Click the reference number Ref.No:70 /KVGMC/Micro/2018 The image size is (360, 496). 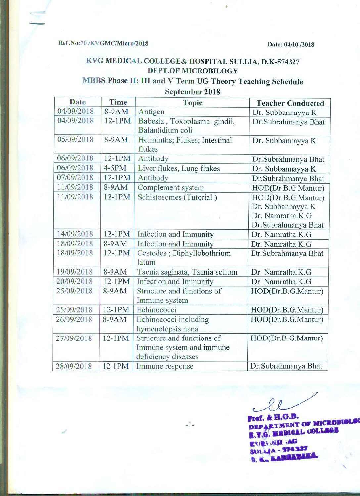(103, 43)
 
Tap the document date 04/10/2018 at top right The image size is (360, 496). (291, 44)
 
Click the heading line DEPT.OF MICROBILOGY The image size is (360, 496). (193, 71)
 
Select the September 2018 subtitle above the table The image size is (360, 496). (193, 92)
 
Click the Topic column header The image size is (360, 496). (193, 103)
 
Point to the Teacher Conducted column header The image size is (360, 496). (290, 103)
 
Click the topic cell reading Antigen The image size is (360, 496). (152, 112)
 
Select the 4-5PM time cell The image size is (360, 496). (115, 168)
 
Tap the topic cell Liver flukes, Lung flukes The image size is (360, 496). (179, 168)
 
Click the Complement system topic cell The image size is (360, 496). (170, 188)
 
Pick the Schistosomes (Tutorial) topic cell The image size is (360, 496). (177, 197)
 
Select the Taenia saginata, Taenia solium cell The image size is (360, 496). (187, 272)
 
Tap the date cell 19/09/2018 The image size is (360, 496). (74, 272)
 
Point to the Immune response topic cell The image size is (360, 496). (164, 366)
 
